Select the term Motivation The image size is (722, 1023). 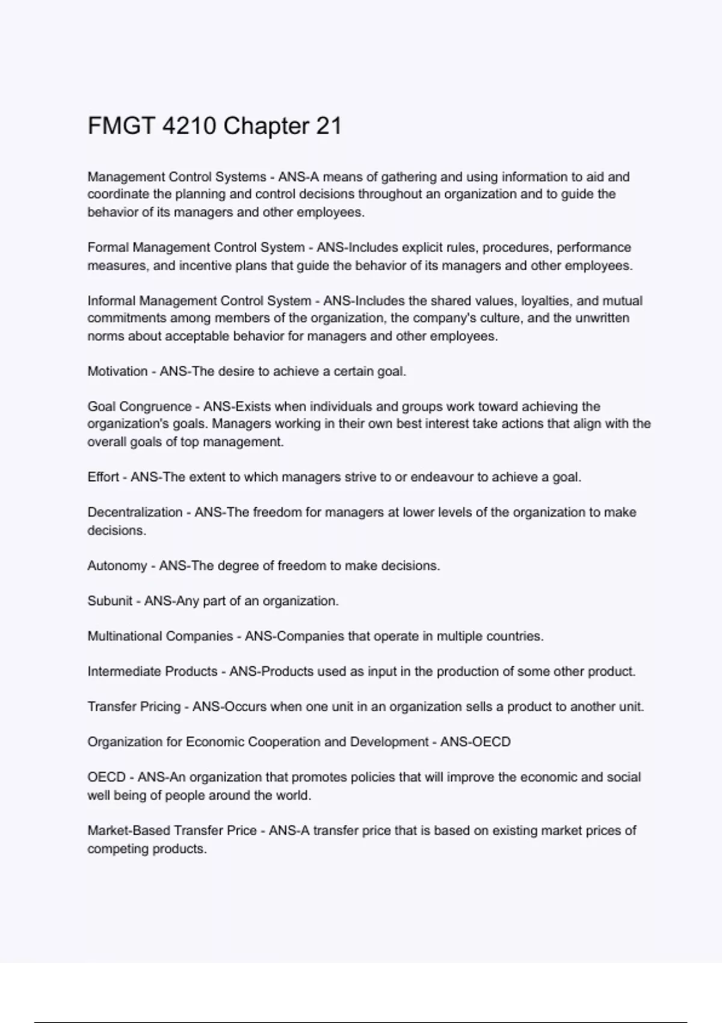pos(117,371)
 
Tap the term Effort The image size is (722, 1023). pos(103,477)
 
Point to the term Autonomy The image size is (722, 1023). pos(117,566)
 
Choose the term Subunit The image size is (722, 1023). pos(110,601)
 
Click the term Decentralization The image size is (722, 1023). pos(135,512)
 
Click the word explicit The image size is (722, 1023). pos(422,247)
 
